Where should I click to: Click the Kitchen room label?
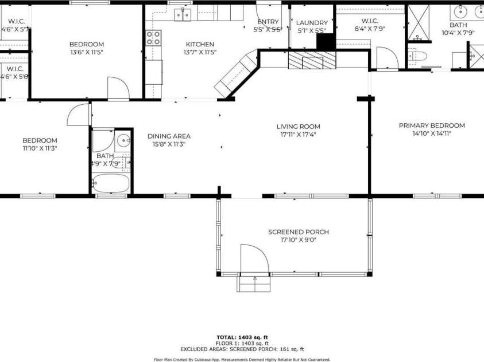[x=200, y=44]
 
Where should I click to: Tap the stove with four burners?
[x=153, y=38]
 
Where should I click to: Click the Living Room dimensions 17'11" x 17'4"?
[x=298, y=135]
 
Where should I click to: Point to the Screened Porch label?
[x=298, y=232]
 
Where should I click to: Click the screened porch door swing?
[x=253, y=259]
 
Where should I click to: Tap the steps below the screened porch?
[x=253, y=284]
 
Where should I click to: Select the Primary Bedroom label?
[x=432, y=125]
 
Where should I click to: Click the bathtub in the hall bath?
[x=111, y=183]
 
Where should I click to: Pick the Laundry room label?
[x=312, y=23]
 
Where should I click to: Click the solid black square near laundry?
[x=325, y=42]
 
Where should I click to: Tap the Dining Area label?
[x=169, y=136]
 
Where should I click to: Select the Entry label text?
[x=268, y=22]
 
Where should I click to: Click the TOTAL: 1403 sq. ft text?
[x=242, y=337]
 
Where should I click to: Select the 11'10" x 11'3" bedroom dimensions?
[x=40, y=148]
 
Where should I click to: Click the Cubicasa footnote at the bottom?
[x=242, y=359]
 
